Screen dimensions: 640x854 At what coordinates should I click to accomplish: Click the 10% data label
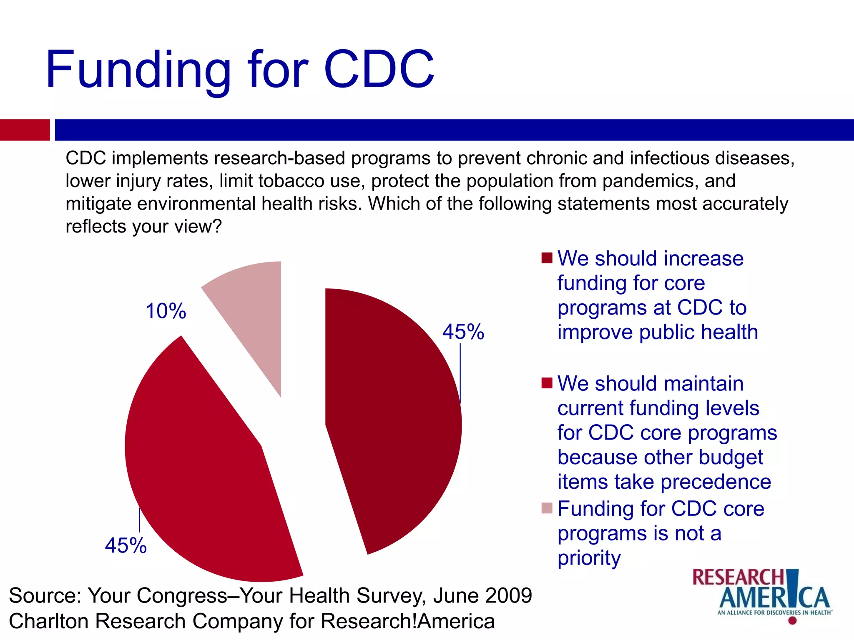coord(166,311)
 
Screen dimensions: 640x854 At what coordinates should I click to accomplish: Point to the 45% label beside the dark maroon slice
coord(463,332)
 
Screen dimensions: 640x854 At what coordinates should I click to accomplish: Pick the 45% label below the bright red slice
coord(126,545)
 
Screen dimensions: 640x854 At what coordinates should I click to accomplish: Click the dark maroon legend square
coord(547,258)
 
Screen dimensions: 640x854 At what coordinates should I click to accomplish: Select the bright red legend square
coord(547,383)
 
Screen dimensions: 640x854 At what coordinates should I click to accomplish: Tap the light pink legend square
coord(547,508)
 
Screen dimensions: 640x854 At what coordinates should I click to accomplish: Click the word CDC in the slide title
coord(379,70)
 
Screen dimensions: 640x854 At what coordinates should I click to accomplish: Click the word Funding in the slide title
coord(138,70)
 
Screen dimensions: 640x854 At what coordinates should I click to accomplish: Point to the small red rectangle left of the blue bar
coord(25,130)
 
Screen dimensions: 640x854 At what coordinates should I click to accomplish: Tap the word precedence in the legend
coord(716,482)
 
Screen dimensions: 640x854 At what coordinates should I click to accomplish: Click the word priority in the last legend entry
coord(589,558)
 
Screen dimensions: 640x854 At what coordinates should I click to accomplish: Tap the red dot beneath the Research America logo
coord(793,620)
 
